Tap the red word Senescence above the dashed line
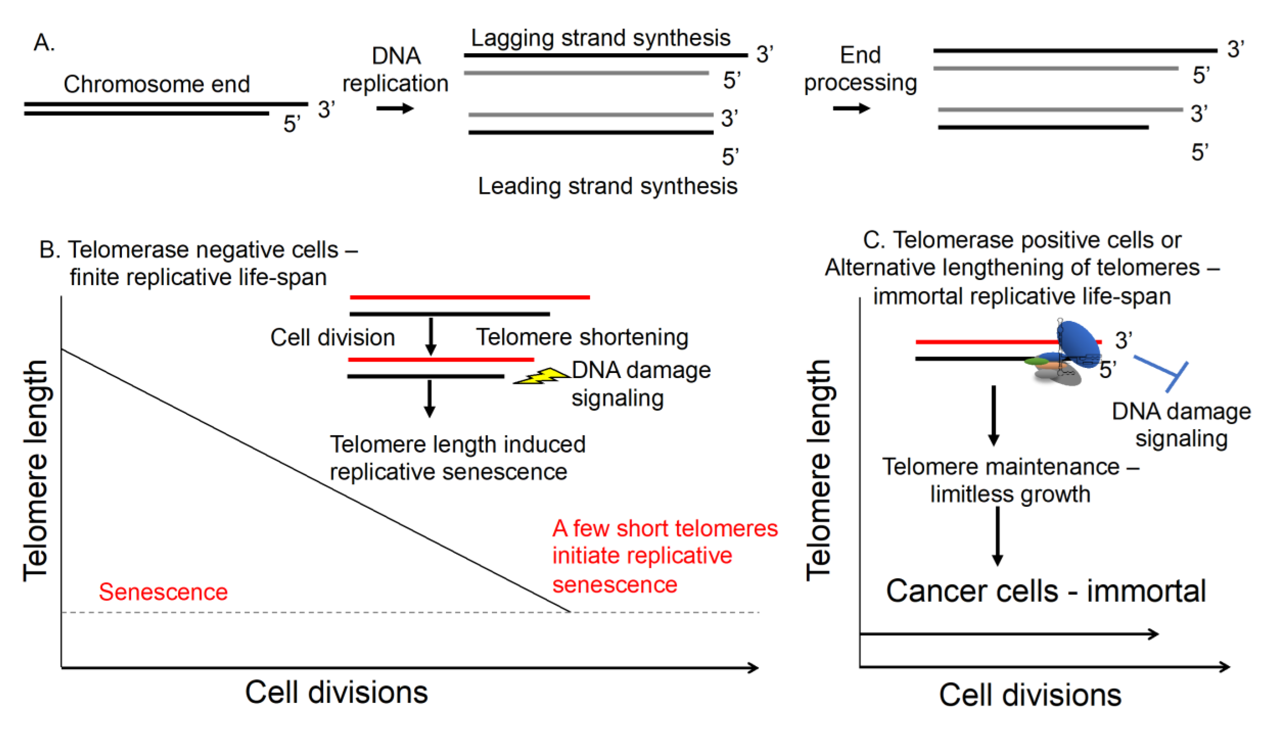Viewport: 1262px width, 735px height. [x=163, y=592]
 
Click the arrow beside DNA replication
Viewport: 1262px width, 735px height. [x=395, y=109]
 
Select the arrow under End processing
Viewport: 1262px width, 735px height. [x=851, y=108]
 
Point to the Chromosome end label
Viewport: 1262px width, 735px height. [x=156, y=84]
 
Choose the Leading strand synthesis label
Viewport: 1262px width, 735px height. [x=608, y=186]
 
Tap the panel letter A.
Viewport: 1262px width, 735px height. [x=44, y=43]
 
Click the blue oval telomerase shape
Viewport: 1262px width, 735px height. [x=1078, y=344]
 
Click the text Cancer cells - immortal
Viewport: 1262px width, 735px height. [x=1046, y=591]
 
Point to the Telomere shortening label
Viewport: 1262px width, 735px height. [x=582, y=337]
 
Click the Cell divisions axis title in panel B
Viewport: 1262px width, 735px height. [x=336, y=692]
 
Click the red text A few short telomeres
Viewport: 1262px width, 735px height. [x=665, y=528]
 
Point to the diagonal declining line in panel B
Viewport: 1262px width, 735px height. [x=315, y=480]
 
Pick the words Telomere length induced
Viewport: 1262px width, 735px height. [x=457, y=444]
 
